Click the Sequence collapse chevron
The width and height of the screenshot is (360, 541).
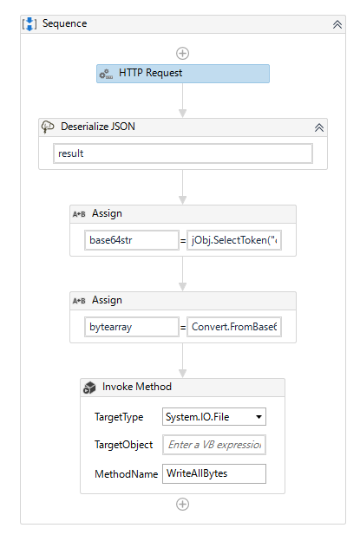(337, 24)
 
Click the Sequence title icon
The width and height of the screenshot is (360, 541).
(29, 23)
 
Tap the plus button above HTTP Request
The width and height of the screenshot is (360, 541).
(182, 53)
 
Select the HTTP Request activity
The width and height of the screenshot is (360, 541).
(182, 74)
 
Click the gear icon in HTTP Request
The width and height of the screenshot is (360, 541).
(106, 75)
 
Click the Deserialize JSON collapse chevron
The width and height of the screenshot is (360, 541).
(319, 127)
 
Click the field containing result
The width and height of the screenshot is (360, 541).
(182, 153)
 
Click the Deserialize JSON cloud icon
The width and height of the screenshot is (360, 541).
(49, 127)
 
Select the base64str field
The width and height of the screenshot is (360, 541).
(132, 240)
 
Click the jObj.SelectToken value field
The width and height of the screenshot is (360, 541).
(235, 240)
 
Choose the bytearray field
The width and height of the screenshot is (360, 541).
(132, 328)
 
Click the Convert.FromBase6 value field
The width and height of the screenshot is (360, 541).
(235, 328)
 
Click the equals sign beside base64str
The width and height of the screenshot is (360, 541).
(183, 240)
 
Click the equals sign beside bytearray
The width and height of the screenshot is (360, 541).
(183, 328)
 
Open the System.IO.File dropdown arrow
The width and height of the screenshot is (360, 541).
(258, 417)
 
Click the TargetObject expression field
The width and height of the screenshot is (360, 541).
(214, 445)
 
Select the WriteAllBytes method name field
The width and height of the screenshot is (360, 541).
(214, 473)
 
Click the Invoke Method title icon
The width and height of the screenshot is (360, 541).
(89, 388)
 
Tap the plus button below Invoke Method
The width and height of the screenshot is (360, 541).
(182, 504)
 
